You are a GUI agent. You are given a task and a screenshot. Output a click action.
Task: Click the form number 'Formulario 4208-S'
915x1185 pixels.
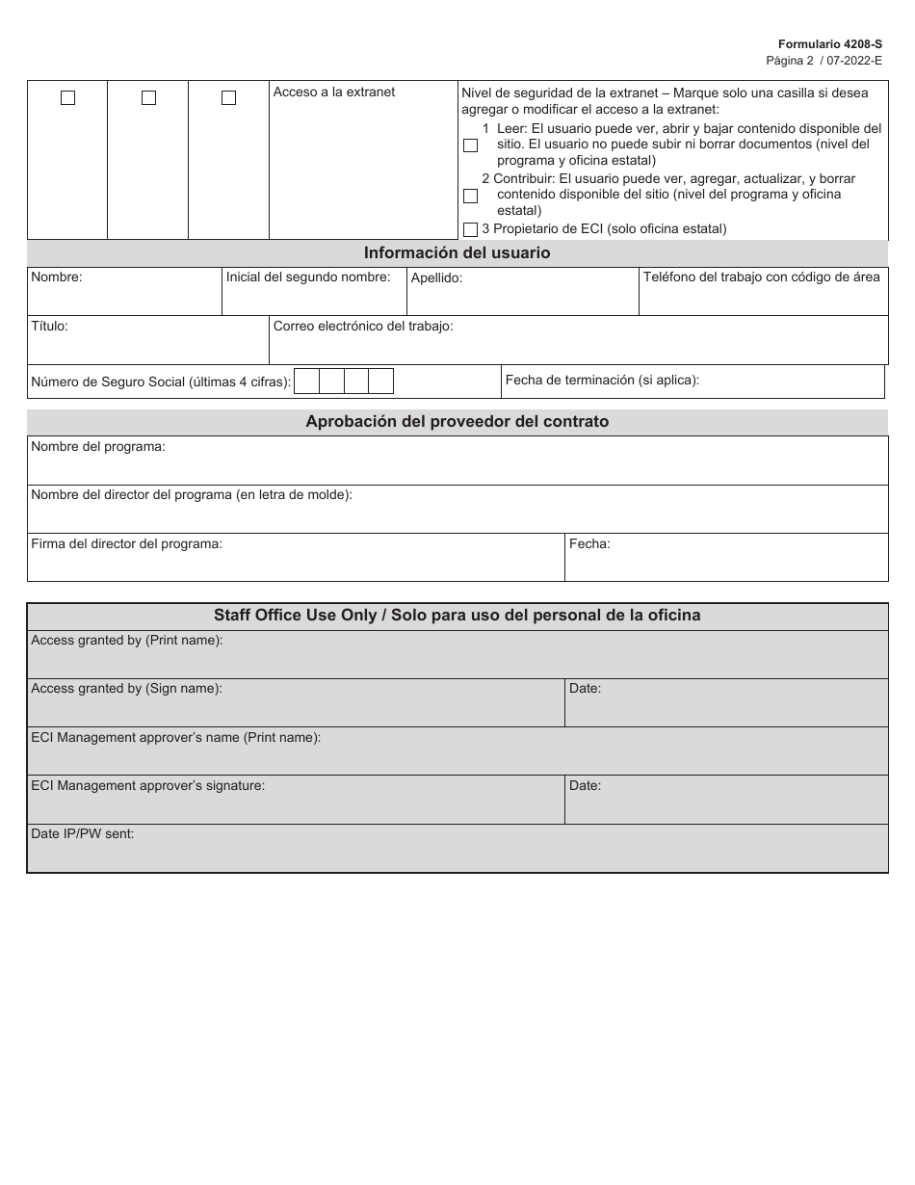[831, 44]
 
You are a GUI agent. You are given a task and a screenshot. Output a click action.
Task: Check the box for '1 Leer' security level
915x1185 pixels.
[470, 145]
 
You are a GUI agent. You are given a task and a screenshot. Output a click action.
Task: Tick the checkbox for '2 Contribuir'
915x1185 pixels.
[470, 196]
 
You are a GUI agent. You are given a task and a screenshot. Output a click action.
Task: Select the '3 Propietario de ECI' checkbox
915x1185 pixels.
[470, 229]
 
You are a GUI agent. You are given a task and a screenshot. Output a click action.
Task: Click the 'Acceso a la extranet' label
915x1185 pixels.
[333, 92]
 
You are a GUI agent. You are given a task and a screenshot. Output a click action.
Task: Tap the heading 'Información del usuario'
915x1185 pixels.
[457, 253]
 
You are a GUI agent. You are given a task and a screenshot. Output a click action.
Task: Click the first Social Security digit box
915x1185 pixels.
[306, 382]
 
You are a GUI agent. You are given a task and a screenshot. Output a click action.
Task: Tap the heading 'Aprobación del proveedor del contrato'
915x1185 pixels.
[457, 422]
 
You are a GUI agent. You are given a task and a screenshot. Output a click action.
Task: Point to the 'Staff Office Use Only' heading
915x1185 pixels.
[457, 616]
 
